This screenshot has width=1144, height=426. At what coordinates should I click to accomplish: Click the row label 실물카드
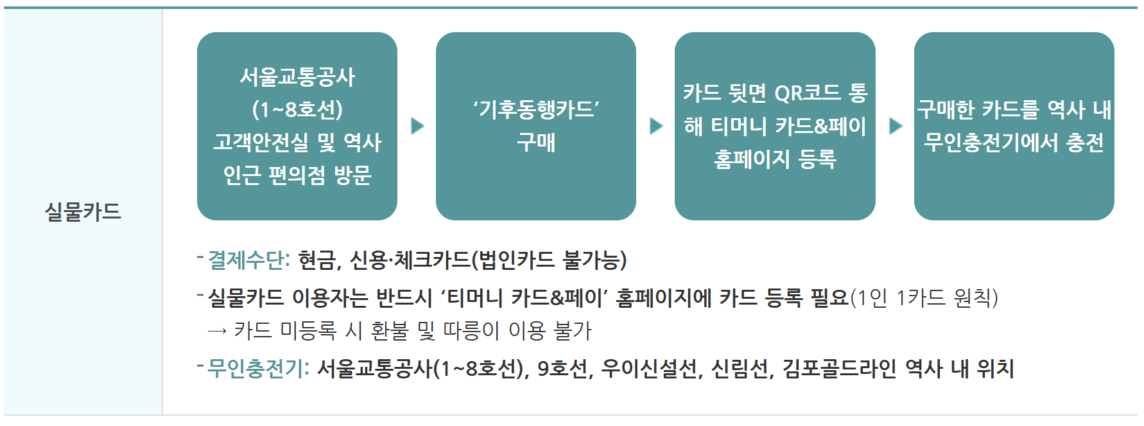(x=83, y=211)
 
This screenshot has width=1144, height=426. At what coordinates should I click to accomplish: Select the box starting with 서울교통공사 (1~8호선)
(x=297, y=126)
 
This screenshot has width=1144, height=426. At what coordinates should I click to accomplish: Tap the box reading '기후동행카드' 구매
(x=535, y=126)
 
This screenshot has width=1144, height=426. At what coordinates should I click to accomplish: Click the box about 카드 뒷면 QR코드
(x=775, y=126)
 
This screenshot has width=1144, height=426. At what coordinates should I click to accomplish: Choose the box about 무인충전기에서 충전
(x=1014, y=126)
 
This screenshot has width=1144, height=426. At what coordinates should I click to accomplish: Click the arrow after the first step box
(x=417, y=125)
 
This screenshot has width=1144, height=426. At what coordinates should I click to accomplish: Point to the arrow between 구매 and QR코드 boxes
(x=655, y=125)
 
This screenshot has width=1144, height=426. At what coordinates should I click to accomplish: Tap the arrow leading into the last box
(x=895, y=125)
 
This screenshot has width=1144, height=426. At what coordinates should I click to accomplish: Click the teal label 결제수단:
(x=249, y=260)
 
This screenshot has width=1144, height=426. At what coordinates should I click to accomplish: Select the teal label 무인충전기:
(x=258, y=369)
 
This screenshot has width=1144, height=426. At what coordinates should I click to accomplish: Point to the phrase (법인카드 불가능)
(x=549, y=260)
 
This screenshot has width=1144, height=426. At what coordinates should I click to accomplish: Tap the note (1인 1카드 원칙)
(x=924, y=297)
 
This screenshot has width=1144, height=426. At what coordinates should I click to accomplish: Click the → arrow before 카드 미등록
(x=217, y=331)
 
